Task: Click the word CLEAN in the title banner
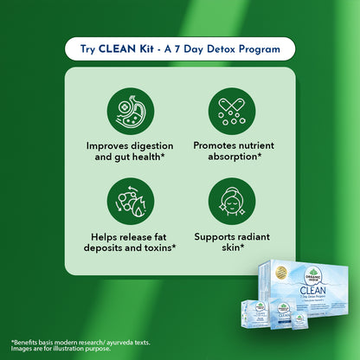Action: (133, 49)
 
